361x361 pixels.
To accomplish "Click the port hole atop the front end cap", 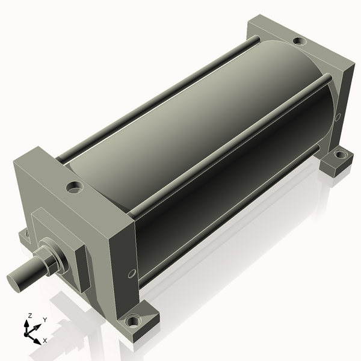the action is pyautogui.click(x=75, y=187).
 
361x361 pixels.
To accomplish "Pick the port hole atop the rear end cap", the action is pyautogui.click(x=300, y=41).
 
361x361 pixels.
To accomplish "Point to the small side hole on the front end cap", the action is pyautogui.click(x=132, y=274).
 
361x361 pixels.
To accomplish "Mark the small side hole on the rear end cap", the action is pyautogui.click(x=338, y=117).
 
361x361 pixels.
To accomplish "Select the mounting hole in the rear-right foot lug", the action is pyautogui.click(x=341, y=153).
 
